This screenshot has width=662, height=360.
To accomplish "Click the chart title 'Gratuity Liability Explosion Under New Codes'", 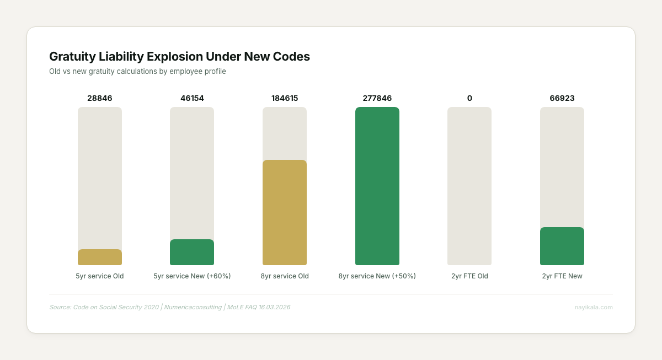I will click(179, 56).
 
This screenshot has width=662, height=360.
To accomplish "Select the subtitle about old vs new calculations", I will click(137, 71).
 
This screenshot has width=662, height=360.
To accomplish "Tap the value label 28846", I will click(100, 98).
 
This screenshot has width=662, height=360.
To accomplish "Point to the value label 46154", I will click(192, 98).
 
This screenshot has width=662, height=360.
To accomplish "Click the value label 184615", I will click(285, 98).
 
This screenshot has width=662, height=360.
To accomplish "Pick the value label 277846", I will click(377, 98).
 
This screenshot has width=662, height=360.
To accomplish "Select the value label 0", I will click(469, 98).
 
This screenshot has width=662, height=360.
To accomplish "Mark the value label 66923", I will click(562, 98).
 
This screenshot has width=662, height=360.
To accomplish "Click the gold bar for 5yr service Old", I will click(100, 257).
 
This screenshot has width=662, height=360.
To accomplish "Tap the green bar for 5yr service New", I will click(192, 252).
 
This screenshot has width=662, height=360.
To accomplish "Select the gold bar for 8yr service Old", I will click(285, 213).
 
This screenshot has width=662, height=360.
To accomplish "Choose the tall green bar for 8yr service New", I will click(377, 186).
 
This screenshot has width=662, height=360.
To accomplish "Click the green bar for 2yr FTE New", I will click(562, 246).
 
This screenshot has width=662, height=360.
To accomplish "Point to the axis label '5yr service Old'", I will click(100, 276).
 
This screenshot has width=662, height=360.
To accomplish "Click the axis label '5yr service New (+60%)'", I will click(192, 276).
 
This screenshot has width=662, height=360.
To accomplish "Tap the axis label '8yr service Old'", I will click(285, 276).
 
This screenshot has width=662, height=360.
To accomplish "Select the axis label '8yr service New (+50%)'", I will click(377, 276).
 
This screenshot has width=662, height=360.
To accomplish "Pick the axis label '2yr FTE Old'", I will click(469, 276).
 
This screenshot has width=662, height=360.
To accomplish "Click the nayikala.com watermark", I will click(594, 307).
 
